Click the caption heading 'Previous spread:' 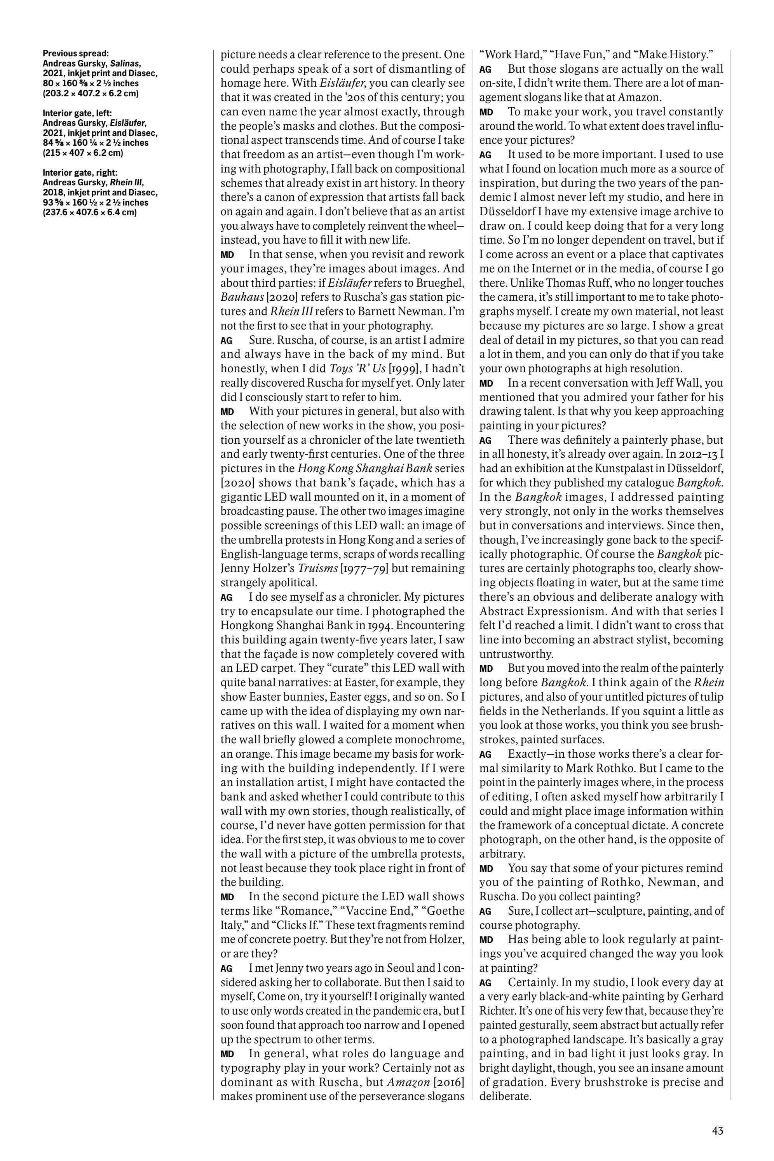(76, 53)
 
